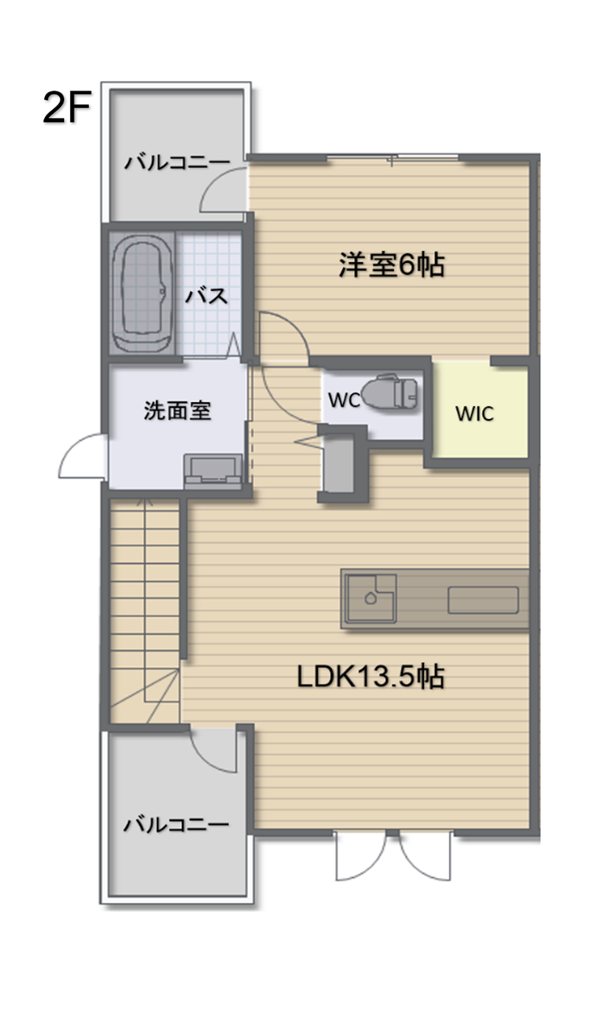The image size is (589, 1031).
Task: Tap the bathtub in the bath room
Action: point(142,293)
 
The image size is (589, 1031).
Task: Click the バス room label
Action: point(205,297)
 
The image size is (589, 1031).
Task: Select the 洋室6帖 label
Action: point(392,265)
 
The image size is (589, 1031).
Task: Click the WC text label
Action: point(343,400)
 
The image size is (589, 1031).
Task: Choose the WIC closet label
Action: point(474,413)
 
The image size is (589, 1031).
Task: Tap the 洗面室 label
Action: point(177,411)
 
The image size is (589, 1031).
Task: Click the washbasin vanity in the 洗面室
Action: point(214,472)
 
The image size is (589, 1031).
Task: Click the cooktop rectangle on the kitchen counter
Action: point(484,600)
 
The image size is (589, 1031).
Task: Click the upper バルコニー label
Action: point(176,162)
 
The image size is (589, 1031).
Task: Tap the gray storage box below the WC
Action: point(339,465)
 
